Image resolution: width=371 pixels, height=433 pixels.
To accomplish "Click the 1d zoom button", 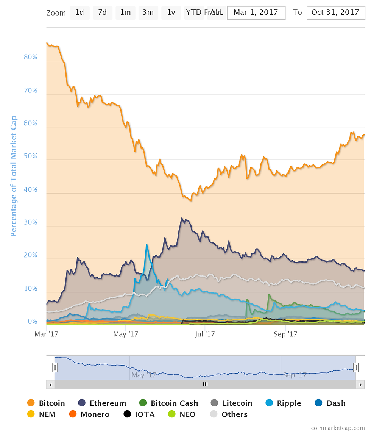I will point(79,13).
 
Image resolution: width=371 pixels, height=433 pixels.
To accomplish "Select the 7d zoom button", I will point(102,13).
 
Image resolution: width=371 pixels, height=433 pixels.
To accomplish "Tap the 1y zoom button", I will point(171,13).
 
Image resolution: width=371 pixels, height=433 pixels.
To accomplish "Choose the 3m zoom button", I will point(148,13).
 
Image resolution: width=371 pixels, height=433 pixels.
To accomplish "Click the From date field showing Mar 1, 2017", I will point(256,13).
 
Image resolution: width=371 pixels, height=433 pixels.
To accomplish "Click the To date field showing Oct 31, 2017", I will point(335,13).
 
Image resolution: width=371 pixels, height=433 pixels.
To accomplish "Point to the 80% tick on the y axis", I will point(30,57).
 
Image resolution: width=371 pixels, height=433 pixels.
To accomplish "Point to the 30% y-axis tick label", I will point(30,222).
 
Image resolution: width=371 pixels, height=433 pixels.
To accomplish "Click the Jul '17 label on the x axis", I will point(204,334).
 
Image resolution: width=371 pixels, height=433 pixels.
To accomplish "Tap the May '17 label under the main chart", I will point(126,334).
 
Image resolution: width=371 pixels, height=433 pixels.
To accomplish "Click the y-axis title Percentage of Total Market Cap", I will point(14,176).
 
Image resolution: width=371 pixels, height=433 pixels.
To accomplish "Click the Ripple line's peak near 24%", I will point(147,245).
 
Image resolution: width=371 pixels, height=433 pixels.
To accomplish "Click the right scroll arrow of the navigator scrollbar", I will point(361,384).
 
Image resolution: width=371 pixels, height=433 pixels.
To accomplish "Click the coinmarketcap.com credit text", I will point(338,428).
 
